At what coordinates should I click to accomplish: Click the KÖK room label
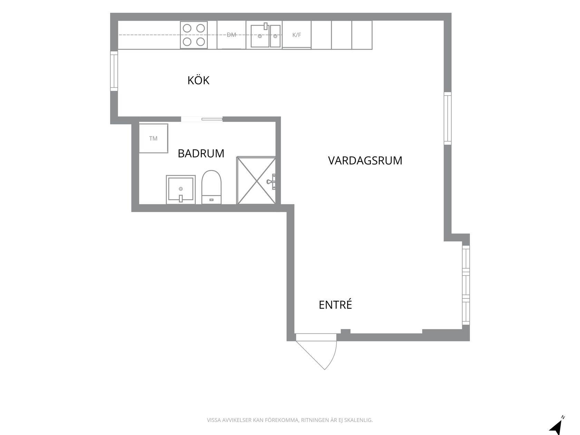coord(198,80)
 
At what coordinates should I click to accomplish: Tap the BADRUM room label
coord(201,153)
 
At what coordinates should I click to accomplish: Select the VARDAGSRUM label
coord(365,161)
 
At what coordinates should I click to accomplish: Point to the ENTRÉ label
coord(335,304)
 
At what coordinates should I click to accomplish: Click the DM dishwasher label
coord(231,35)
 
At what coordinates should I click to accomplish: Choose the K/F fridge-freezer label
coord(297,35)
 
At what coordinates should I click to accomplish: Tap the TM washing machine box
coord(154,138)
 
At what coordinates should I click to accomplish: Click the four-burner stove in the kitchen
coord(194,35)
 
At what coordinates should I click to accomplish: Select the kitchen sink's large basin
coord(260,36)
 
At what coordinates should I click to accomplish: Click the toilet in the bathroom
coord(211,187)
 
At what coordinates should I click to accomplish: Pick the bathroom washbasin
coord(181,190)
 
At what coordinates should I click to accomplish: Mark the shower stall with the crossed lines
coord(256,181)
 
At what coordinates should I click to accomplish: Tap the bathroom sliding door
coord(212,119)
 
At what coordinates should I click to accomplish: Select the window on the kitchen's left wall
coord(114,71)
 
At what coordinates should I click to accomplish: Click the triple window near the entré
coord(466,285)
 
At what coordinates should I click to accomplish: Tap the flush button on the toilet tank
coord(211,200)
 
